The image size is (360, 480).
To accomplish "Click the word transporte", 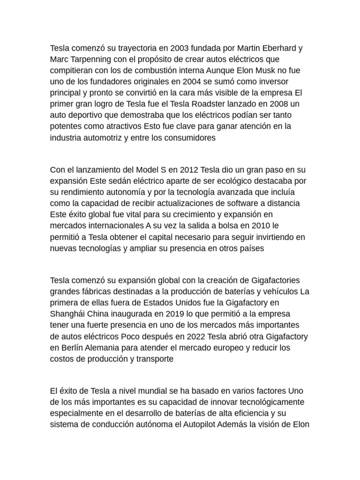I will point(152,359).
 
